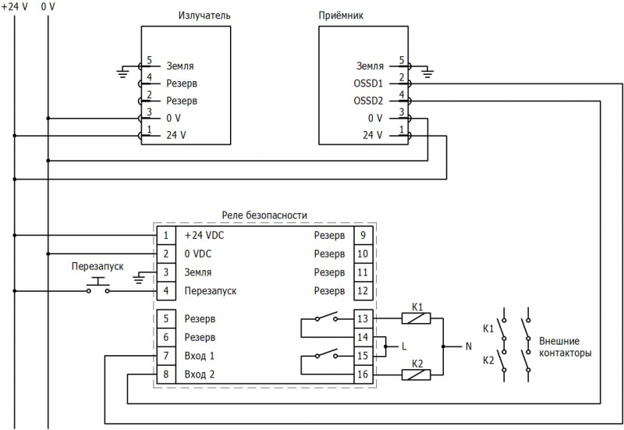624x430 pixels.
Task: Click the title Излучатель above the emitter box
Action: click(x=204, y=16)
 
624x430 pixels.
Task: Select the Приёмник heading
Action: click(x=342, y=16)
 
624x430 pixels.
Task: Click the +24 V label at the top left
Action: click(x=14, y=6)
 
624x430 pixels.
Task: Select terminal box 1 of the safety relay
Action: click(x=165, y=235)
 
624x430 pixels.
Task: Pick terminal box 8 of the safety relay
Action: click(x=165, y=375)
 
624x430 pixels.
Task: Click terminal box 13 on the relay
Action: click(x=361, y=318)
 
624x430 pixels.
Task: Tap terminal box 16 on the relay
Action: click(x=361, y=375)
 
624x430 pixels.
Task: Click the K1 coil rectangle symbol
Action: click(x=416, y=318)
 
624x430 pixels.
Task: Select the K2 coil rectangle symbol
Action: click(x=416, y=375)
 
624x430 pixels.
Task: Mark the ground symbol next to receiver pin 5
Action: click(x=425, y=73)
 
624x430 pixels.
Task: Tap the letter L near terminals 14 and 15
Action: click(x=403, y=346)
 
